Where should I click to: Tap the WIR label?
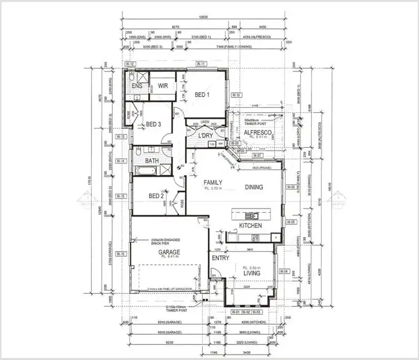point(163,86)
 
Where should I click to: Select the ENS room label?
point(136,86)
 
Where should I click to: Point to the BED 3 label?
point(154,124)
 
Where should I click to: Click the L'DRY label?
point(205,135)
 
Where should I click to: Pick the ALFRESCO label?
point(258,132)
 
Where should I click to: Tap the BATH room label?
point(153,161)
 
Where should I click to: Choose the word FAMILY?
point(213,182)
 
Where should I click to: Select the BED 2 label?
point(156,196)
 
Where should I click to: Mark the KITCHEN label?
point(250,225)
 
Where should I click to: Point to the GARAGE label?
point(169,252)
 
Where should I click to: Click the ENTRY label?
point(220,258)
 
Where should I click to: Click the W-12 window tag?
point(130,64)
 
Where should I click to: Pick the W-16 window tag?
point(122,254)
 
